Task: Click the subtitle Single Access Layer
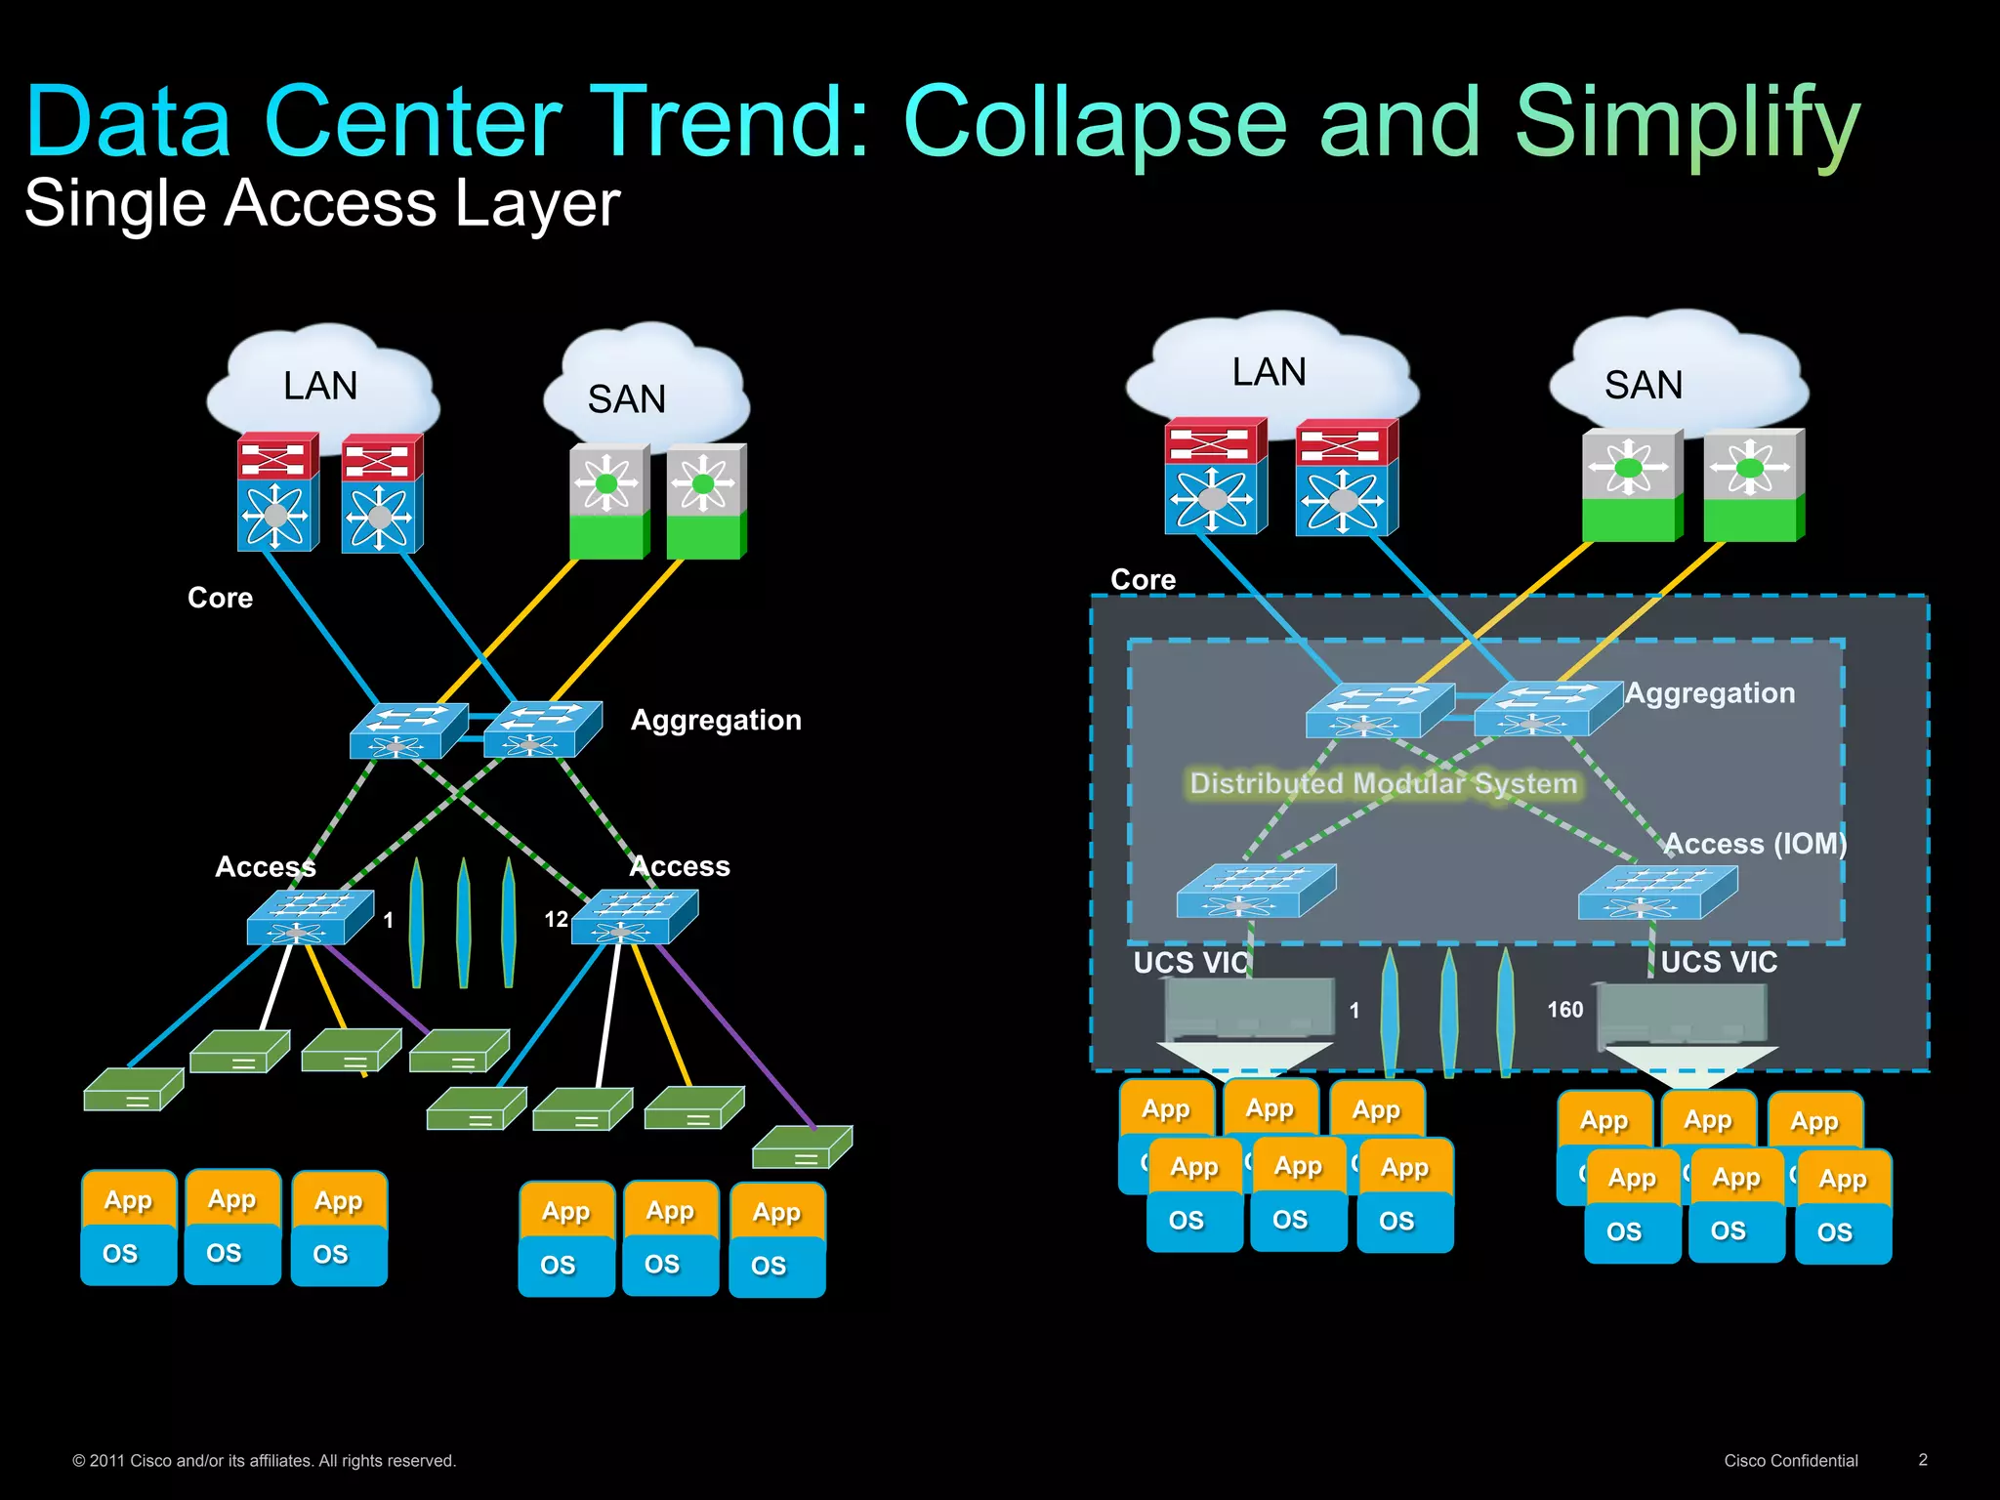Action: coord(322,203)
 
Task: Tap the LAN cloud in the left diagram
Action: coord(320,385)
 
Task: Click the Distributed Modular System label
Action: coord(1383,783)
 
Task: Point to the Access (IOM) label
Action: coord(1754,844)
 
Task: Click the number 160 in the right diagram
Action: coord(1564,1010)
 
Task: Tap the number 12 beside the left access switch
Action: coord(556,919)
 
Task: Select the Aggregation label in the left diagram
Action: coord(716,721)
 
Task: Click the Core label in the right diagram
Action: coord(1143,580)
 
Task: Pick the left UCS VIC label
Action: coord(1190,963)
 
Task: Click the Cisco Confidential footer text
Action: coord(1790,1461)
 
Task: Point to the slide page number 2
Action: coord(1922,1460)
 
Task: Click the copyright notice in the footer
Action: coord(264,1461)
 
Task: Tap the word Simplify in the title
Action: coord(1687,122)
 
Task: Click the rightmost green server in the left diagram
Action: coord(802,1147)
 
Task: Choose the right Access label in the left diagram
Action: coord(681,866)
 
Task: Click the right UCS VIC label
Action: coord(1718,963)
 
